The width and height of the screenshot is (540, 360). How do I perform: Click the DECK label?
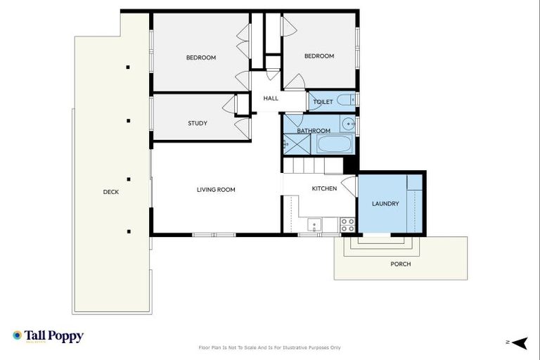pos(111,191)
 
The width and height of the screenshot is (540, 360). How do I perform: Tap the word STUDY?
pos(198,123)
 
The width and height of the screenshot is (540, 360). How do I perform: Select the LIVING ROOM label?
pos(216,189)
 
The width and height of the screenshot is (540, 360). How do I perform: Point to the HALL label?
pos(271,98)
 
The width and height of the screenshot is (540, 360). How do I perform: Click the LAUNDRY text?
pos(385,204)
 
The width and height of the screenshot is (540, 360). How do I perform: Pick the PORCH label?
pos(400,264)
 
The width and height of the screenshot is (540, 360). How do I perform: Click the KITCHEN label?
pos(324,188)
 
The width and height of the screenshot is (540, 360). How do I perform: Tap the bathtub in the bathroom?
pos(334,145)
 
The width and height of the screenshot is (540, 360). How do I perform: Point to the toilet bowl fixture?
pos(345,101)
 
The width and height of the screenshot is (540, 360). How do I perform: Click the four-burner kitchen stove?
pos(347,224)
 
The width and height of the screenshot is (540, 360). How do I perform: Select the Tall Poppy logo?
pos(48,336)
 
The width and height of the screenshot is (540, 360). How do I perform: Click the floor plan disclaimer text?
pos(270,347)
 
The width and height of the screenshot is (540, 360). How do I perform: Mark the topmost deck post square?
pos(128,67)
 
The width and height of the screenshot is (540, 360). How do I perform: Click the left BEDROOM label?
pos(201,57)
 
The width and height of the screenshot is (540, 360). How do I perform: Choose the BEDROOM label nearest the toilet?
pos(319,56)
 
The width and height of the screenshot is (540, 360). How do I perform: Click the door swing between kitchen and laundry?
pos(349,186)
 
